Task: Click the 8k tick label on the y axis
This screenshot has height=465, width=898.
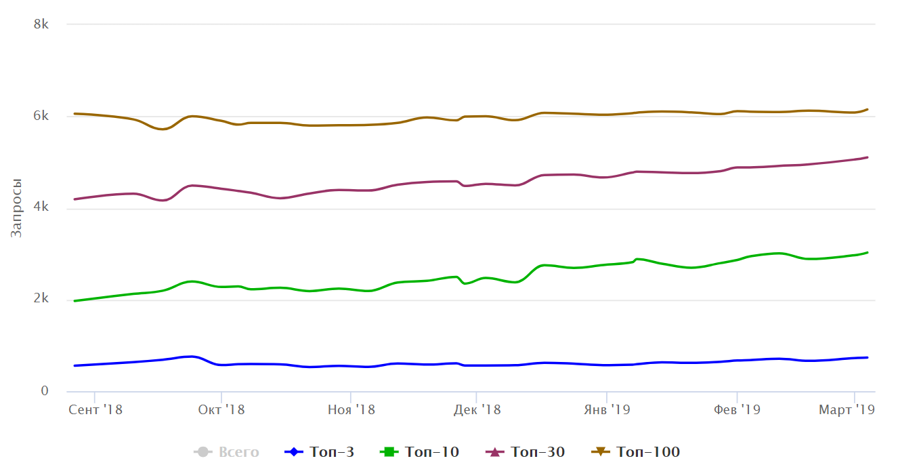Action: [41, 24]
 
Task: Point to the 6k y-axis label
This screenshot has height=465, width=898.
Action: [41, 115]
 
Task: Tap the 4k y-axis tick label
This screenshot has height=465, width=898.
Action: [41, 207]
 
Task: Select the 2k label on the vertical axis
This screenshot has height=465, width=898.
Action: [41, 298]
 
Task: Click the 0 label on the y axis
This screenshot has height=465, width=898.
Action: [45, 390]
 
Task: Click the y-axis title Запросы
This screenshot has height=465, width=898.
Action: [16, 208]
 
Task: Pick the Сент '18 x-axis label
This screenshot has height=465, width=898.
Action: [95, 409]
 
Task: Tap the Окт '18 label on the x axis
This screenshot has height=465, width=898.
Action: [221, 409]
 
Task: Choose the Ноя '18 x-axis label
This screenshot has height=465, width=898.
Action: [351, 409]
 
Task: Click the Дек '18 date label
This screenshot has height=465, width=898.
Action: [477, 409]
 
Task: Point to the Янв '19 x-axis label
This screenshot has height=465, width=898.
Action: [607, 409]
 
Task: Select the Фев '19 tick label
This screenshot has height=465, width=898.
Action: [737, 409]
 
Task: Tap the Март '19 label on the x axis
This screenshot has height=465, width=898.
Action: [847, 409]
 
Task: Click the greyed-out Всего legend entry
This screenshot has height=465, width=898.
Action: [226, 452]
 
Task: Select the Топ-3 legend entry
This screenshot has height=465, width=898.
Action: [319, 452]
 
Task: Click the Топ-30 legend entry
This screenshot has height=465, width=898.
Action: [525, 452]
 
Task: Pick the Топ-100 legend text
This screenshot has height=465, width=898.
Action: [648, 452]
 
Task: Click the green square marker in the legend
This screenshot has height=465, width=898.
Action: [389, 452]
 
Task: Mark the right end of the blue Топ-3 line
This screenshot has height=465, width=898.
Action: [868, 357]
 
